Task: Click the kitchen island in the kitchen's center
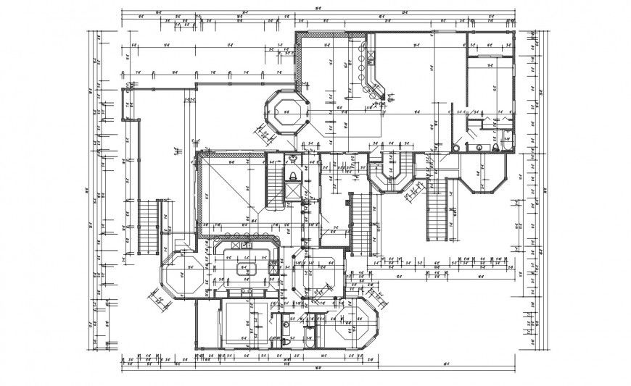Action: (x=243, y=267)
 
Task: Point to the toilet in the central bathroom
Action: (x=293, y=175)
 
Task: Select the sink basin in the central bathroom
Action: (x=293, y=158)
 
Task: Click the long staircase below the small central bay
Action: (x=360, y=224)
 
